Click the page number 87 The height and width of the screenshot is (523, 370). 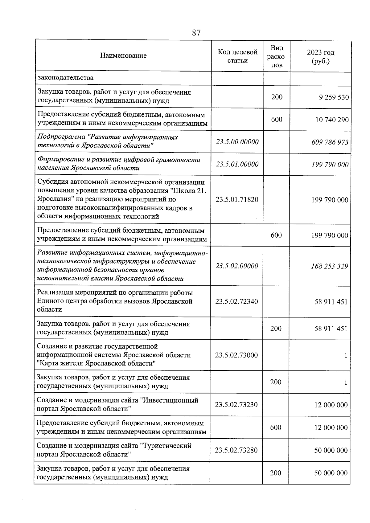(x=196, y=33)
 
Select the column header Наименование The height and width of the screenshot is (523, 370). (x=123, y=56)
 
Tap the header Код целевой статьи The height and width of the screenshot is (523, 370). (x=237, y=56)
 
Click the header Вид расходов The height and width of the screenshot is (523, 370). (x=277, y=56)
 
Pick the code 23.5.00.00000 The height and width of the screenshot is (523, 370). (x=237, y=142)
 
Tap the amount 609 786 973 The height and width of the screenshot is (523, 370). (x=330, y=142)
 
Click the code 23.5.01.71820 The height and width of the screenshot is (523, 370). (x=237, y=200)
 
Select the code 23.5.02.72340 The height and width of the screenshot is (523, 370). (x=236, y=301)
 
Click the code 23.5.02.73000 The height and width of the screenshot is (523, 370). (x=236, y=355)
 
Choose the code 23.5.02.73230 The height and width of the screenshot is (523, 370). (x=236, y=405)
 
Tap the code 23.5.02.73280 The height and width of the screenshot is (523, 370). (x=236, y=450)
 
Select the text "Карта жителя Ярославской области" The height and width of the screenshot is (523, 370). (x=96, y=363)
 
